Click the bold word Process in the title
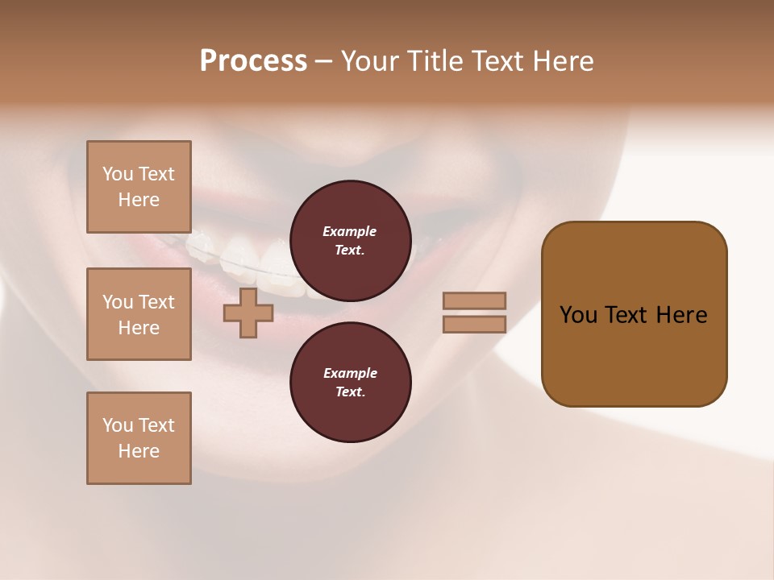click(253, 61)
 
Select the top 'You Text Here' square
click(139, 187)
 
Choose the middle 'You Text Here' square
click(139, 314)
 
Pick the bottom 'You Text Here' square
click(139, 438)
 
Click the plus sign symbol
click(248, 313)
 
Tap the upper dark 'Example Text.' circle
click(350, 240)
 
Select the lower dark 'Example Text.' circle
click(350, 382)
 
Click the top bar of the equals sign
click(475, 300)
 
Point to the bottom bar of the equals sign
click(475, 325)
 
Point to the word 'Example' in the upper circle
click(350, 231)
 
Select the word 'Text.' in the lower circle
click(350, 391)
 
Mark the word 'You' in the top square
click(118, 174)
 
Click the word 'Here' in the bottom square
click(139, 451)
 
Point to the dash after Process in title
click(323, 62)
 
